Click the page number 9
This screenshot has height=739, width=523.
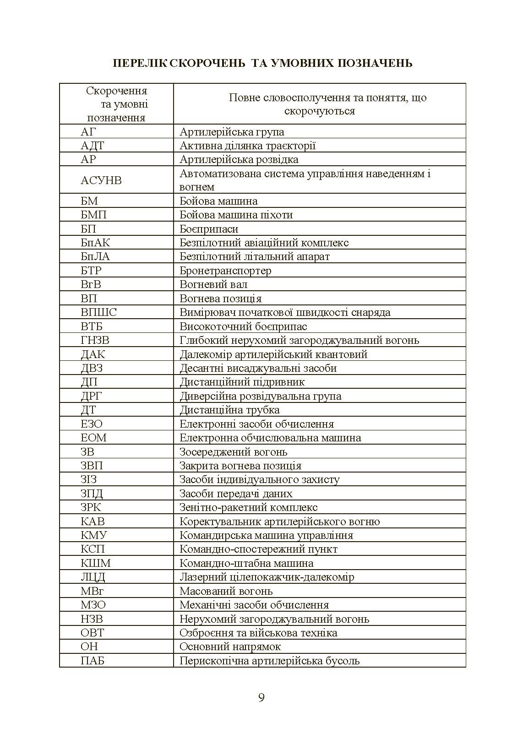(x=261, y=698)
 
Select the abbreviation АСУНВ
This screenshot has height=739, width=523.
(x=101, y=180)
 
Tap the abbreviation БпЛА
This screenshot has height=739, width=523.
(x=95, y=256)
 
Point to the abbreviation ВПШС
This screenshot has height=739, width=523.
(x=98, y=312)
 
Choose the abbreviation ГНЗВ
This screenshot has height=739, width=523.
(x=95, y=340)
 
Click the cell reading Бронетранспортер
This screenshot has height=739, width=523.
(x=225, y=271)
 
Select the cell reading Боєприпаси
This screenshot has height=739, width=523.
(x=209, y=229)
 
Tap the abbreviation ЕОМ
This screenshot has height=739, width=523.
(x=93, y=438)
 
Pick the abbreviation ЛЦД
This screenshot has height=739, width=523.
(x=93, y=577)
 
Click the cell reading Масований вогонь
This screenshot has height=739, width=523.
(x=226, y=591)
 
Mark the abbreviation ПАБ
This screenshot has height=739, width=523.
(x=93, y=661)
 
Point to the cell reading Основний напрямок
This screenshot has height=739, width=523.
(x=230, y=647)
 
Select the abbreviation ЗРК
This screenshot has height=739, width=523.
(x=91, y=507)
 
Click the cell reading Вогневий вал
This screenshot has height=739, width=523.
(x=213, y=284)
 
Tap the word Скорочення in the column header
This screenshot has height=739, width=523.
(x=116, y=91)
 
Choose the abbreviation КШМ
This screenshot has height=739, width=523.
(x=96, y=563)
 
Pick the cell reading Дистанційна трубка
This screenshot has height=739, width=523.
(x=229, y=410)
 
